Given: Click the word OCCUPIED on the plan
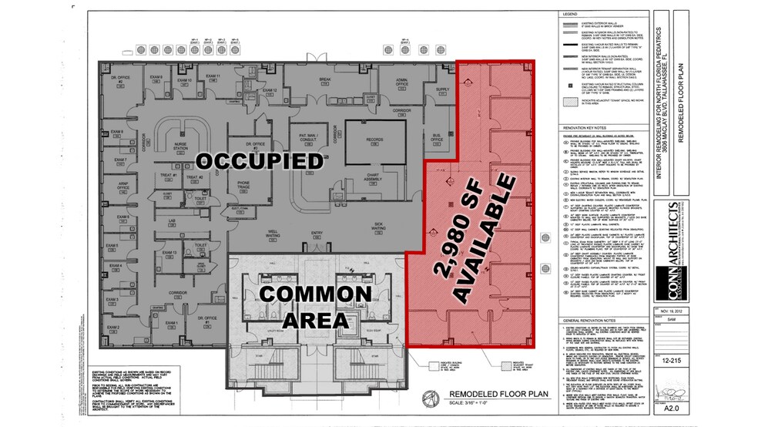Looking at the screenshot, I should tap(258, 161).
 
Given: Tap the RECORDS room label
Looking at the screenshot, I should tap(374, 139).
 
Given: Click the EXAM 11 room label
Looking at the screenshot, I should tap(215, 76).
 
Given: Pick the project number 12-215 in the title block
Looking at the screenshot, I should tap(668, 359).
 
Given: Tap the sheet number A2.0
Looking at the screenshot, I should tap(668, 412).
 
